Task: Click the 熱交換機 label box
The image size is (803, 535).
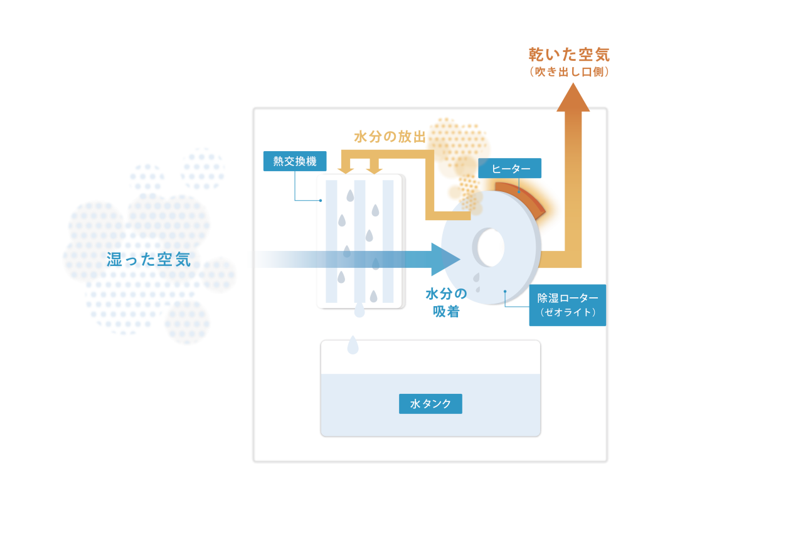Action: [295, 162]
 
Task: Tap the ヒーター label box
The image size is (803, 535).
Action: [510, 168]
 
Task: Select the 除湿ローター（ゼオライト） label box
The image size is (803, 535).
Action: [568, 305]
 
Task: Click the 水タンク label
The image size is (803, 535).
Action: [430, 404]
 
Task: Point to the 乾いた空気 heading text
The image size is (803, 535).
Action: [569, 55]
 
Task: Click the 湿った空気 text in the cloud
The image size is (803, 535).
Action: [149, 259]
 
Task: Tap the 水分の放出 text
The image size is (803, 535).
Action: [390, 136]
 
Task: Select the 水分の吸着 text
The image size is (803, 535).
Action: [446, 302]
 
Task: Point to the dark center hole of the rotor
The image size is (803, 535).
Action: [490, 246]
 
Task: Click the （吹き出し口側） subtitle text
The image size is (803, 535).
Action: [569, 72]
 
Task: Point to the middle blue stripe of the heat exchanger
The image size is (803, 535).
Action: [359, 241]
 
